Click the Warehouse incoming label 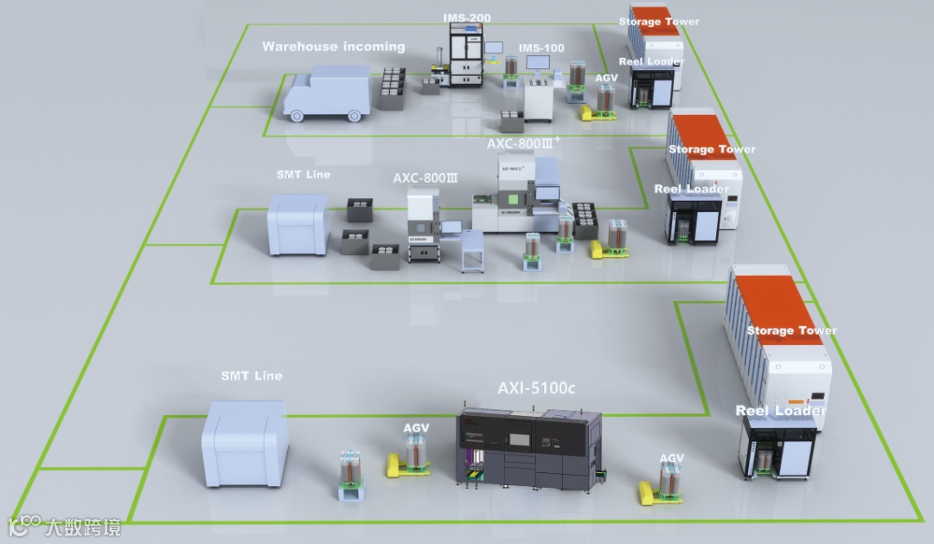[333, 47]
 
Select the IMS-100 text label [541, 48]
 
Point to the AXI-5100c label [536, 388]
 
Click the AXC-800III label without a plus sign [425, 177]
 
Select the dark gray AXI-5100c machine [528, 450]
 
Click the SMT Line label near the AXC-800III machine [303, 175]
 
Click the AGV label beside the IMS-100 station [607, 78]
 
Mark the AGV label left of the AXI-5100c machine [417, 428]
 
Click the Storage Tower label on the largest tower [791, 330]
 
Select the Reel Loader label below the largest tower [780, 411]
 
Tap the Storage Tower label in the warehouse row [659, 22]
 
